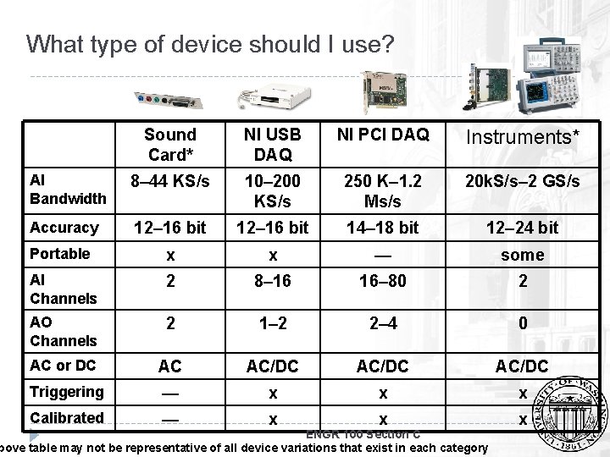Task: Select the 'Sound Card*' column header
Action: [x=169, y=144]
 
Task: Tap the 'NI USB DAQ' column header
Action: [x=273, y=144]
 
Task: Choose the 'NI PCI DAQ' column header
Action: [x=383, y=134]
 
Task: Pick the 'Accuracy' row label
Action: [x=64, y=227]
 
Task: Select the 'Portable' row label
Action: [x=59, y=254]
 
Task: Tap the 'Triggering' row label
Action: [x=66, y=392]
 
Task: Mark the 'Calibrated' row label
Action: [x=66, y=417]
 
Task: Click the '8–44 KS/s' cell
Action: [x=169, y=180]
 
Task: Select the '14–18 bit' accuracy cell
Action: [x=383, y=227]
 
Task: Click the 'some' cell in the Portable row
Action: [x=524, y=255]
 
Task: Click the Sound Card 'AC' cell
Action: [x=169, y=367]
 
